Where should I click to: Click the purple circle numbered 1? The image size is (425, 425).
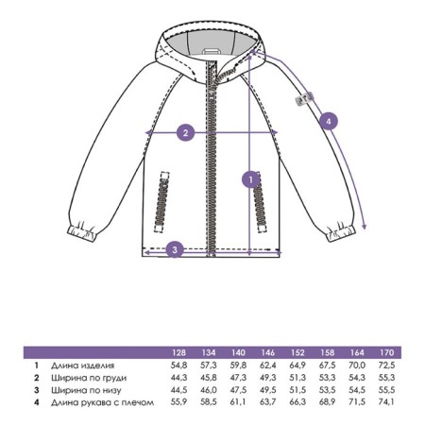point(251,179)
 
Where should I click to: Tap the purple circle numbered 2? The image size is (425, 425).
point(186,132)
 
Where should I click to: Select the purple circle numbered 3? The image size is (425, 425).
point(175,249)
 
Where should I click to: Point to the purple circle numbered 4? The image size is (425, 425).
point(329,121)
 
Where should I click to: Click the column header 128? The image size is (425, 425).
point(178,352)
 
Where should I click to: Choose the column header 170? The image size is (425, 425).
point(386,352)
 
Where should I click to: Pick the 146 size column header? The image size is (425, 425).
point(268,352)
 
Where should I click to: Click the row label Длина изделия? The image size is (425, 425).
point(82,365)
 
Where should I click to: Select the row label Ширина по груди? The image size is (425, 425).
point(89,378)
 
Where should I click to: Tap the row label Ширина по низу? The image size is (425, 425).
point(86,390)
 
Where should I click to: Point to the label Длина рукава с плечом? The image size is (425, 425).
point(103,402)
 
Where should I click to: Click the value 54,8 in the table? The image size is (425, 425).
point(178,365)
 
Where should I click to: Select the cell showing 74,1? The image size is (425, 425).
point(386,402)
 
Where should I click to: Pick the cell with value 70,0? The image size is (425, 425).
point(357,365)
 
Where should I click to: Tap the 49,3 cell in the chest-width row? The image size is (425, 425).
point(268,378)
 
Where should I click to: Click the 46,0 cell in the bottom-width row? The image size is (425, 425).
point(209,390)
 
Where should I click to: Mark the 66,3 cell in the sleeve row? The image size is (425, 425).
point(297,402)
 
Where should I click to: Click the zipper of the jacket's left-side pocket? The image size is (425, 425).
point(161,202)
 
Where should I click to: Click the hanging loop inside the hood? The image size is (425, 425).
point(211,50)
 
